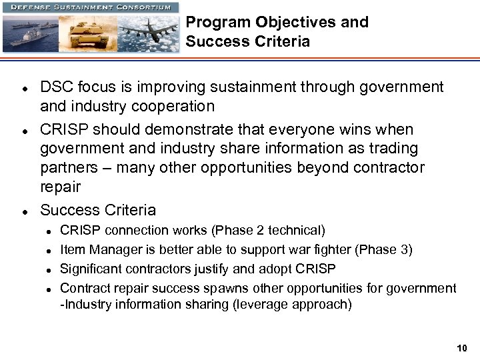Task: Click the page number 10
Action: (x=463, y=348)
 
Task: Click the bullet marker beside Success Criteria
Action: (x=23, y=211)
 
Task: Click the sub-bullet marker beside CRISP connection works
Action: (x=49, y=231)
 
